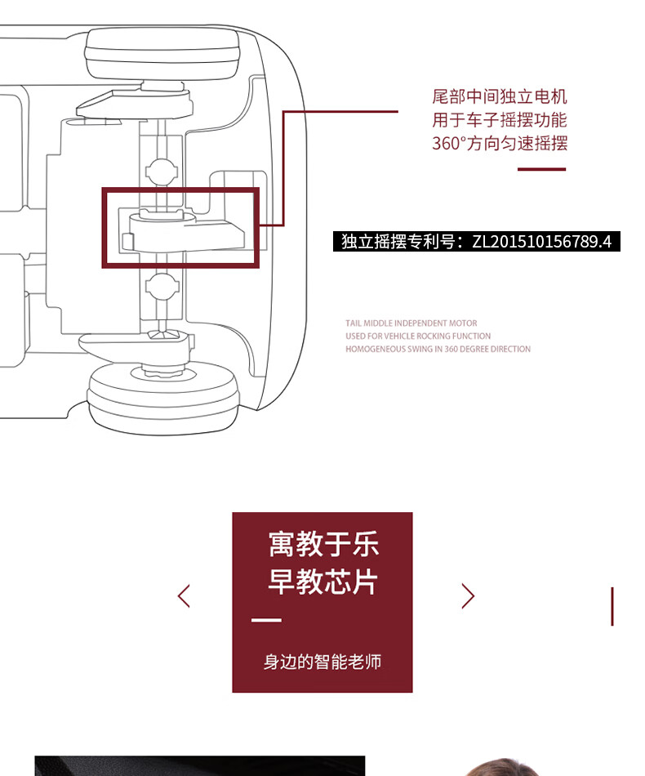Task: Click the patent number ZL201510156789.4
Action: pos(541,242)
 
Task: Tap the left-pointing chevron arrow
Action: pos(184,595)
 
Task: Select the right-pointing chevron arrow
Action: pos(468,595)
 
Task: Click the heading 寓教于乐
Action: pos(323,544)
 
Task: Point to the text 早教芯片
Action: pos(323,582)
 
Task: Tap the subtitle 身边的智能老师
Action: pos(322,662)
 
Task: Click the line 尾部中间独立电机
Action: pos(500,96)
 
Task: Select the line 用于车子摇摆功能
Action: pos(500,120)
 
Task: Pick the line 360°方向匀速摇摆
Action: pos(500,143)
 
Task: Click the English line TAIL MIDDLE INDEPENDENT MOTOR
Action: pos(411,323)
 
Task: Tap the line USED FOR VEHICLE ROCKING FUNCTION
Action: pos(418,336)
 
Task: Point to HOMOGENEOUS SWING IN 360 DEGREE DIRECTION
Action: pos(438,349)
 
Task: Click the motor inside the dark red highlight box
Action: pos(183,231)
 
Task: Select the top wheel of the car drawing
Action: pos(162,54)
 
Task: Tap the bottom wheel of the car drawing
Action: pos(163,398)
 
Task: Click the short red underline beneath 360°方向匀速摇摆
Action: pos(541,169)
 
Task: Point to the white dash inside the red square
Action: pos(266,620)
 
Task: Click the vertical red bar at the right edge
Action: pos(612,607)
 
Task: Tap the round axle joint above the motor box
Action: pos(162,171)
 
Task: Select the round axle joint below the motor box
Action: pos(162,286)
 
